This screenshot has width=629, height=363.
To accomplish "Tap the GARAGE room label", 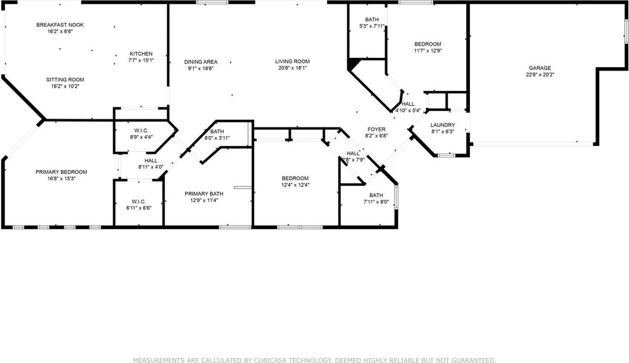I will pyautogui.click(x=540, y=68).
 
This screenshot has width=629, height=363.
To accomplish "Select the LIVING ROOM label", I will pyautogui.click(x=292, y=61).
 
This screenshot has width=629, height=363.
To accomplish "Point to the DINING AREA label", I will pyautogui.click(x=200, y=62).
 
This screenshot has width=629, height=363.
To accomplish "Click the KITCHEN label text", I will pyautogui.click(x=141, y=54).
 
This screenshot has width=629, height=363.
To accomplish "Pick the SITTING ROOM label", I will pyautogui.click(x=65, y=80).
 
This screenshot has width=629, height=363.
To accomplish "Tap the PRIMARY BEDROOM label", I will pyautogui.click(x=61, y=172).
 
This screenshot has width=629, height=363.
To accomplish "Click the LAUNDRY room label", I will pyautogui.click(x=442, y=125).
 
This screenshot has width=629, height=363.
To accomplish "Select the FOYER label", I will pyautogui.click(x=375, y=129).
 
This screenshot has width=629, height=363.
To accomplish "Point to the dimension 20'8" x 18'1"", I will pyautogui.click(x=292, y=68).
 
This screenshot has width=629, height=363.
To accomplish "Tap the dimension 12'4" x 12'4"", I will pyautogui.click(x=295, y=185).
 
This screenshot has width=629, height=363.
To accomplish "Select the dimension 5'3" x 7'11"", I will pyautogui.click(x=372, y=26).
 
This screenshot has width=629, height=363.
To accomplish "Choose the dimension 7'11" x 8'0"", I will pyautogui.click(x=376, y=201).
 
